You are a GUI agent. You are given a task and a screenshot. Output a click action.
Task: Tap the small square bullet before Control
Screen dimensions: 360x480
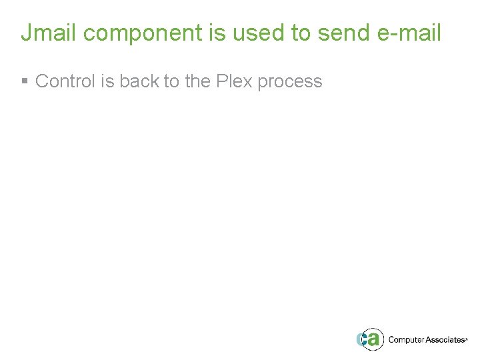tap(25, 81)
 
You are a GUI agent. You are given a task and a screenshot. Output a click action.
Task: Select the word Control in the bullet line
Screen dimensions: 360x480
tap(65, 81)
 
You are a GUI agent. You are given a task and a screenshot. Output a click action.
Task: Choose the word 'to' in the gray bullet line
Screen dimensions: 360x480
tap(171, 81)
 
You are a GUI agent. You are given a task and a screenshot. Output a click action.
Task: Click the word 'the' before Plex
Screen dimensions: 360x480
tap(198, 81)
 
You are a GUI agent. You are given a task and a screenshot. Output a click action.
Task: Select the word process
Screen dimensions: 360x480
tap(290, 81)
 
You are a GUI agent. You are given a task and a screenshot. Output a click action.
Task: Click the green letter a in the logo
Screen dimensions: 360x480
tap(374, 339)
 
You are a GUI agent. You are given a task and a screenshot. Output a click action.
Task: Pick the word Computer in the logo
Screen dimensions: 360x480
tap(406, 340)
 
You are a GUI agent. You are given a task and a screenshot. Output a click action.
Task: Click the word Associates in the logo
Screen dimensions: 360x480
tap(445, 340)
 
